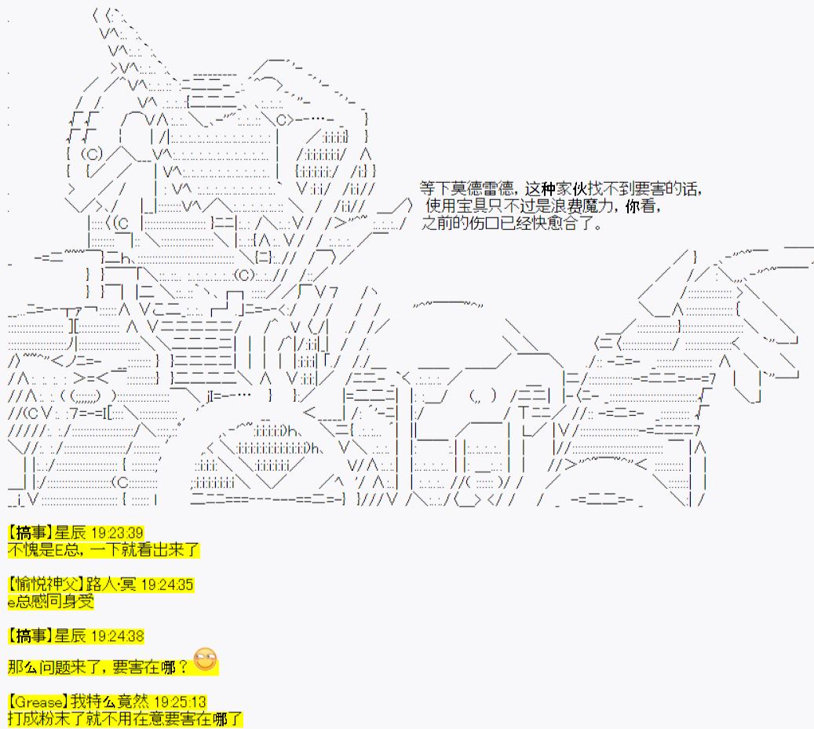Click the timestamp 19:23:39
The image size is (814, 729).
tap(117, 533)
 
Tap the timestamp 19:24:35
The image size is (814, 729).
tap(167, 585)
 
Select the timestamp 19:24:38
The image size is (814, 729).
tap(117, 636)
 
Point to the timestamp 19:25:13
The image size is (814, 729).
tap(180, 702)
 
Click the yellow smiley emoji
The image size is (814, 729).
tap(205, 659)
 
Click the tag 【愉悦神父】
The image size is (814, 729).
tap(46, 585)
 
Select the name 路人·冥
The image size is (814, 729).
tap(111, 585)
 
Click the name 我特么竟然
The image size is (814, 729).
tap(110, 702)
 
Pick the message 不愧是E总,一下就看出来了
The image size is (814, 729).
tap(104, 549)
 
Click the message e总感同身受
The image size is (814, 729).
tap(51, 601)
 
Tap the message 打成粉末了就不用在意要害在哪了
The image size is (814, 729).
tap(125, 719)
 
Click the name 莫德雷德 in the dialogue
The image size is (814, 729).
tap(482, 188)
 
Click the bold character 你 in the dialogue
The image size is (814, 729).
tap(633, 206)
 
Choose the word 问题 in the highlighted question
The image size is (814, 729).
tap(55, 667)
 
